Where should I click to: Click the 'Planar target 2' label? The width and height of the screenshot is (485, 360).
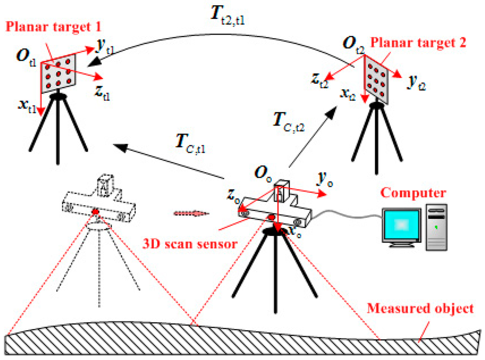(x=418, y=43)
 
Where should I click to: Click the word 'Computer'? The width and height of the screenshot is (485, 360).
(x=413, y=193)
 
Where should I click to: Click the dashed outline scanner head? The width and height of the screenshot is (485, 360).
(x=99, y=204)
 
